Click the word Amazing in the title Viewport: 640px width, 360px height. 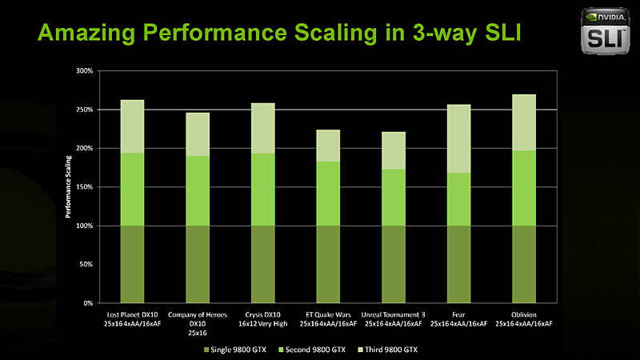click(x=86, y=34)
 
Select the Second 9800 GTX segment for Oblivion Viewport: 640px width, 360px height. click(x=524, y=188)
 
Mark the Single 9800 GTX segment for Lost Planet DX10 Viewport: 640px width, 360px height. click(x=132, y=264)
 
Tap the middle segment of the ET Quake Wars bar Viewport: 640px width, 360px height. click(x=328, y=194)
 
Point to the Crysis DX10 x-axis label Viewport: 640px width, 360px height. click(x=262, y=318)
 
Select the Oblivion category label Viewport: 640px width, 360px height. click(x=524, y=318)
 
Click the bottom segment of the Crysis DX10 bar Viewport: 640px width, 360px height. click(x=262, y=264)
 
